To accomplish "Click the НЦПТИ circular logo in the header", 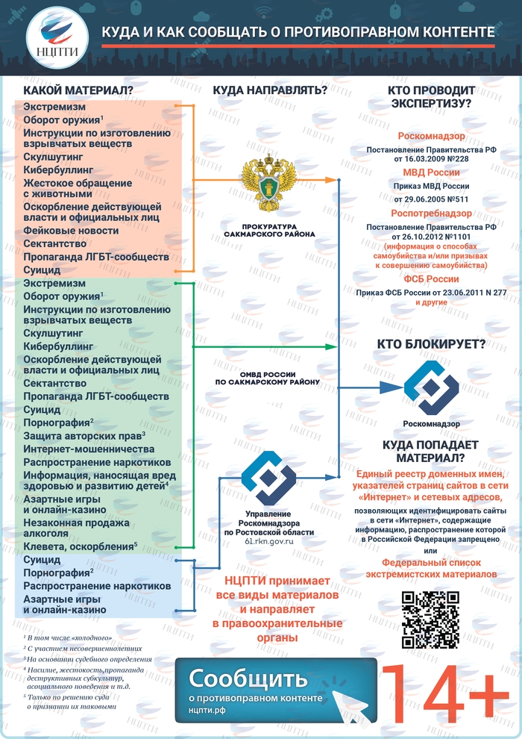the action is [57, 37].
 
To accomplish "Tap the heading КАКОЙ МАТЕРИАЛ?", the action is [78, 90].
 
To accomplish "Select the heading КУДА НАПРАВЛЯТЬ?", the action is [270, 90].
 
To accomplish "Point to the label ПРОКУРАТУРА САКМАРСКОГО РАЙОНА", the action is [269, 231].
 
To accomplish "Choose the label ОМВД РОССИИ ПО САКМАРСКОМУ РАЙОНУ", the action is [268, 378].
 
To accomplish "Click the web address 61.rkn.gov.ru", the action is [268, 541].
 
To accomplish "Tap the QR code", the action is [430, 620].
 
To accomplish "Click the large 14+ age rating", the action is [445, 696].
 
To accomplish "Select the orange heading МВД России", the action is [431, 172].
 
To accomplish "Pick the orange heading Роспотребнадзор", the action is [431, 213].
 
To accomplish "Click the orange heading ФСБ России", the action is [431, 279].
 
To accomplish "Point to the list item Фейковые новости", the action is [71, 231].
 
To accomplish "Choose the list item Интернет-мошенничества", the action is [89, 449].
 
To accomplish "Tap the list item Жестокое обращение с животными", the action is [78, 188].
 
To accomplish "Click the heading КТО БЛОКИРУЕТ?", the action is [431, 345].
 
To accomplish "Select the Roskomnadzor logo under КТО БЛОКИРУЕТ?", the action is [431, 387].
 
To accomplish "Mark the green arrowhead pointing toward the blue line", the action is [331, 347].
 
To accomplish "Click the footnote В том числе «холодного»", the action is [68, 638].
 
